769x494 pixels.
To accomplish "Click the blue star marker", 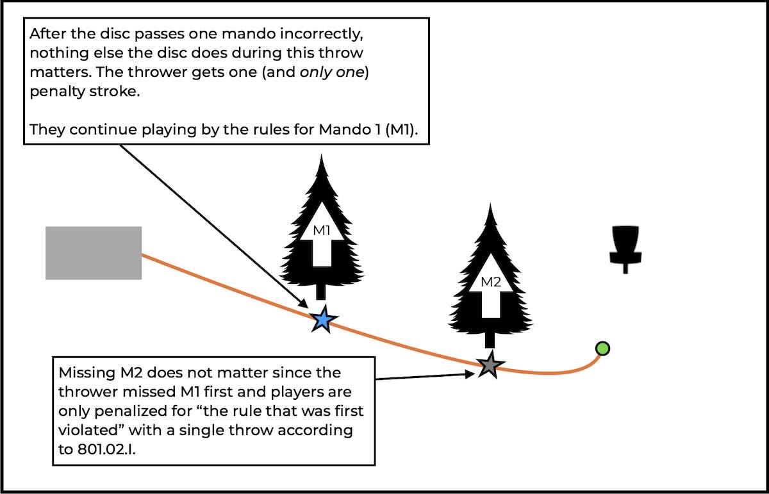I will (x=323, y=319).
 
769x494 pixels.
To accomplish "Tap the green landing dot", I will (x=602, y=349).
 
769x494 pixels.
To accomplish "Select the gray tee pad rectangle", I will (x=94, y=253).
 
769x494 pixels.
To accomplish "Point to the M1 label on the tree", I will (x=321, y=231).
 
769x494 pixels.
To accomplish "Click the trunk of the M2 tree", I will (x=490, y=341).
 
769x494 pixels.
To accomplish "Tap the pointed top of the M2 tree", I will (x=491, y=206).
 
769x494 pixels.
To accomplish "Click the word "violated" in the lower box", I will (x=85, y=429).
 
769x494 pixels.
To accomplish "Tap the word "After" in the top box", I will (x=47, y=32).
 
